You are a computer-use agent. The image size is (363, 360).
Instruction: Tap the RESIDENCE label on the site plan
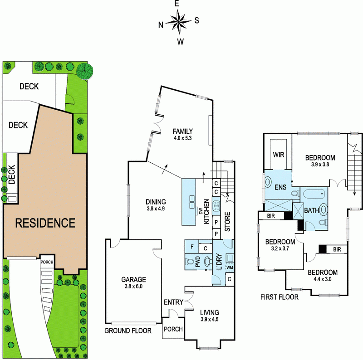pos(45,223)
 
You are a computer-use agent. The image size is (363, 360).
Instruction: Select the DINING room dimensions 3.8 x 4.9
pos(156,209)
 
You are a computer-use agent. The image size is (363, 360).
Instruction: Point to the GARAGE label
pos(133,279)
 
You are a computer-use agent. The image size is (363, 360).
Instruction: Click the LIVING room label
pos(209,312)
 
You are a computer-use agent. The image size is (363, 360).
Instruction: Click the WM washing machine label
pos(229,267)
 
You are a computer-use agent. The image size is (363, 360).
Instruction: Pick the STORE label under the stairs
pos(228,222)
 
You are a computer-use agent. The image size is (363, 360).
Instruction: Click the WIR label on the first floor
pos(278,154)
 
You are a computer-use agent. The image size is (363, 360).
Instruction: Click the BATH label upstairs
pos(311,210)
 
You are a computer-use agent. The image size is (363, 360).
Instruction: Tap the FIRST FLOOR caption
pos(279,297)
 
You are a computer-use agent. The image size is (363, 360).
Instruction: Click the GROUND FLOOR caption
pos(128,331)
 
